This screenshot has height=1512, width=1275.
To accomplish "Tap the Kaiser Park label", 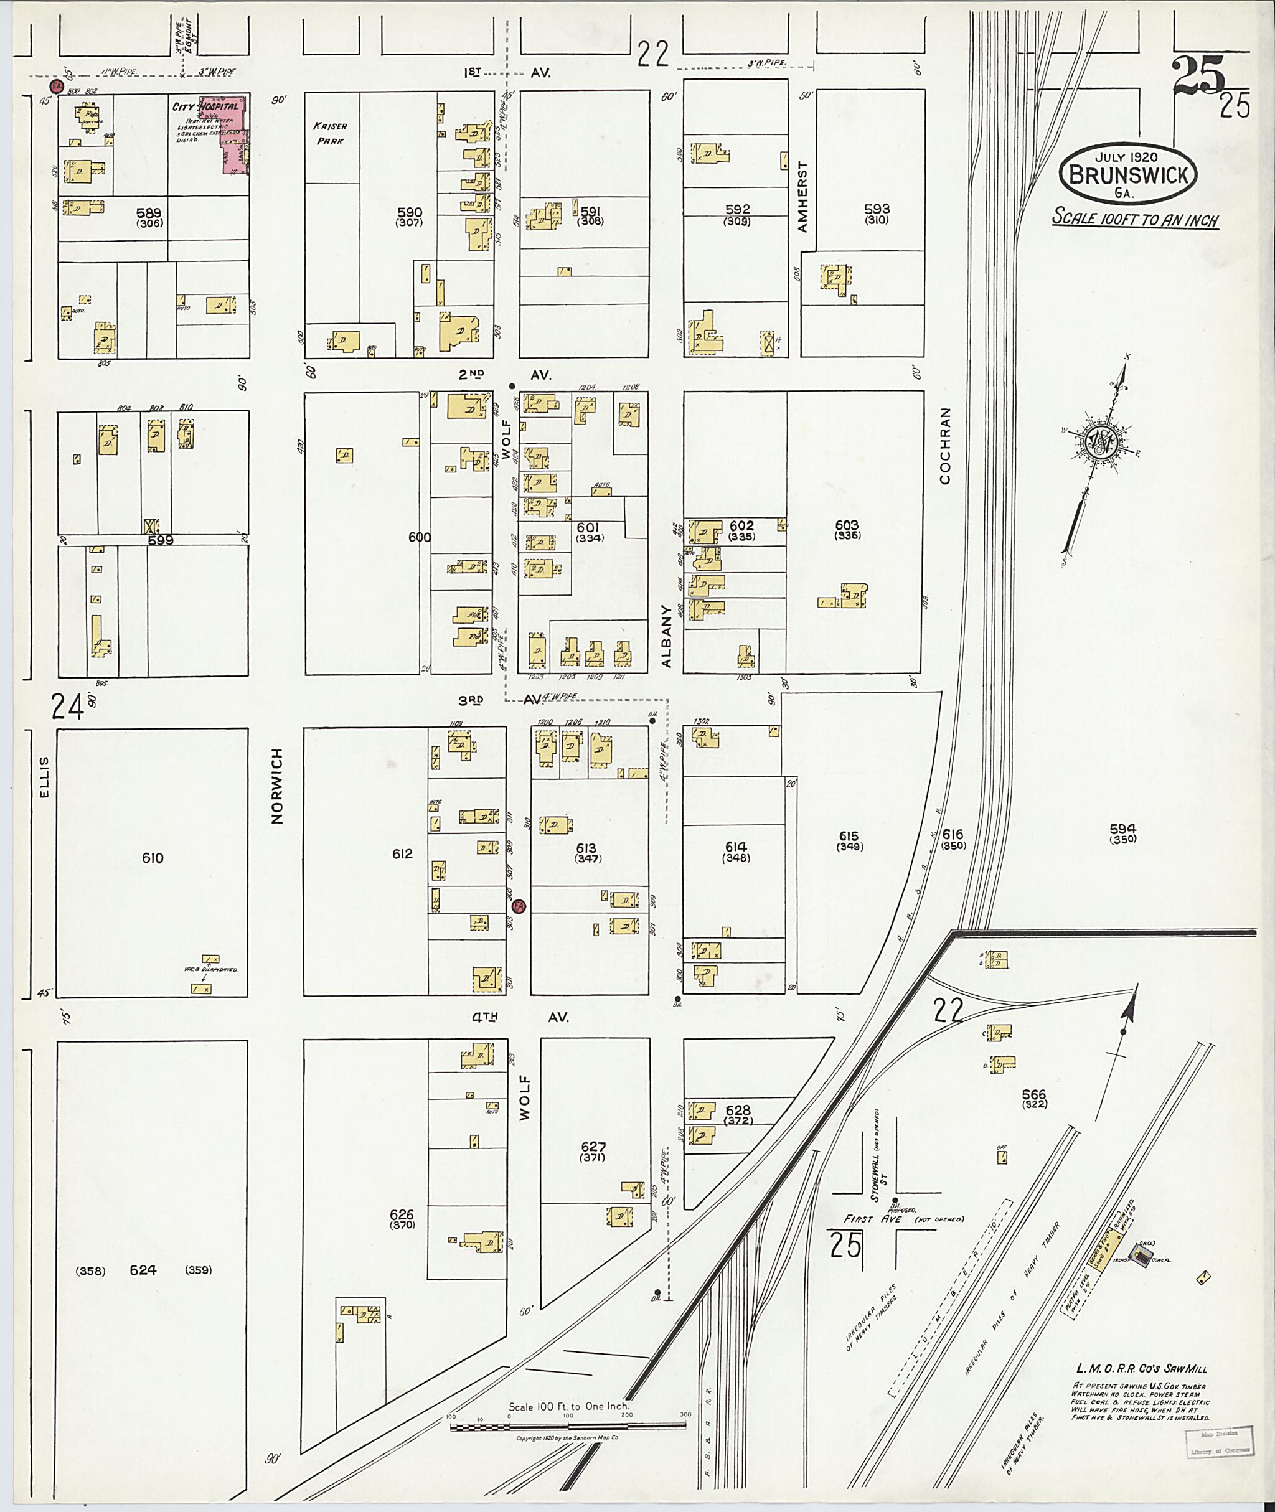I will [x=329, y=134].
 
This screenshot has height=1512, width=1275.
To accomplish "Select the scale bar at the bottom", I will [x=567, y=1426].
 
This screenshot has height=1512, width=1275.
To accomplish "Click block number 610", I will [x=153, y=858].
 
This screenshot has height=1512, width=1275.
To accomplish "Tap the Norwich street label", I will [x=277, y=786].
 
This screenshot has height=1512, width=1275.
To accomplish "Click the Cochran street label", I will [x=946, y=445].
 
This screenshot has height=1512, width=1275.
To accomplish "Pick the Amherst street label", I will [x=802, y=197].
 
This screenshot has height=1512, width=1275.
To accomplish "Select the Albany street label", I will [x=666, y=636].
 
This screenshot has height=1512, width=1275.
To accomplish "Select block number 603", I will [x=847, y=525].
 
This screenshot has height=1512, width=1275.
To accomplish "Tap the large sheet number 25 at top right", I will [x=1199, y=77].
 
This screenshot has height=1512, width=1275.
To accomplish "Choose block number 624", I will [x=143, y=1270].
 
